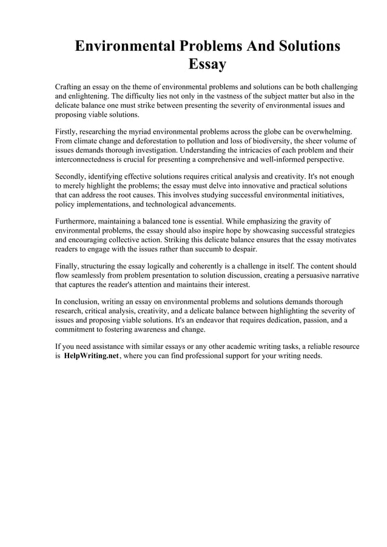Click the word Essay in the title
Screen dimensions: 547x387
coord(207,64)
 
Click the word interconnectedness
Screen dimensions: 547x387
coord(90,160)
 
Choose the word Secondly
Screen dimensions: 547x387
coord(73,176)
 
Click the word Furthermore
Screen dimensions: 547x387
coord(78,222)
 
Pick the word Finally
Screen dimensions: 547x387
coord(69,266)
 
